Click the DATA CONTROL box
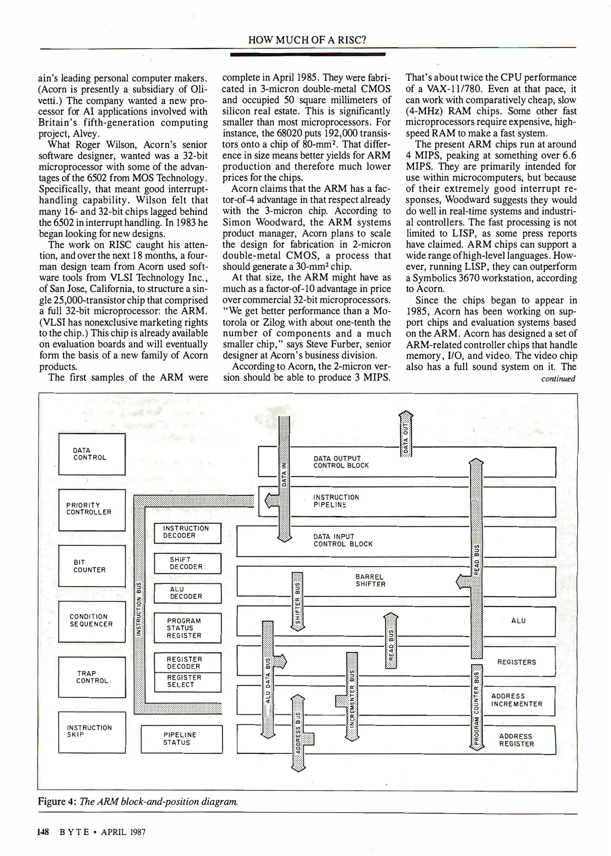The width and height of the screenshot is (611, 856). tap(92, 454)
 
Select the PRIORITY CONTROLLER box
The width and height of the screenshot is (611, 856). tap(92, 510)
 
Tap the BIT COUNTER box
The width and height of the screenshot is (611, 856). tap(92, 566)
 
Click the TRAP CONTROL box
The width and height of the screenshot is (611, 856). tap(92, 677)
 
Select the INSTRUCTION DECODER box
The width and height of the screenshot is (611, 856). tap(187, 533)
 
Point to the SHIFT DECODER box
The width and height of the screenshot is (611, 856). tap(187, 564)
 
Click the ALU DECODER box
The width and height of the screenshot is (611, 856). tap(187, 593)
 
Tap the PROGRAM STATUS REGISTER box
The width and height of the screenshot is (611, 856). tap(187, 628)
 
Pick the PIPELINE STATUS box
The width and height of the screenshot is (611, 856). tap(182, 739)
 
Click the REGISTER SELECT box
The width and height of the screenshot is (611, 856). tap(187, 682)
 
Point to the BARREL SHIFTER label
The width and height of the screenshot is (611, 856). tap(370, 581)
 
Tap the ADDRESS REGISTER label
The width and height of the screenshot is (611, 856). tap(516, 740)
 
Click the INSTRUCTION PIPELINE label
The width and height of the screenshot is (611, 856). tap(336, 501)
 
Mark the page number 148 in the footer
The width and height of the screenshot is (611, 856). tap(43, 832)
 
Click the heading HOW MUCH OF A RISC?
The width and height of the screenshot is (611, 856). tap(306, 40)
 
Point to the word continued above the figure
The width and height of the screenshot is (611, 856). tap(558, 379)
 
